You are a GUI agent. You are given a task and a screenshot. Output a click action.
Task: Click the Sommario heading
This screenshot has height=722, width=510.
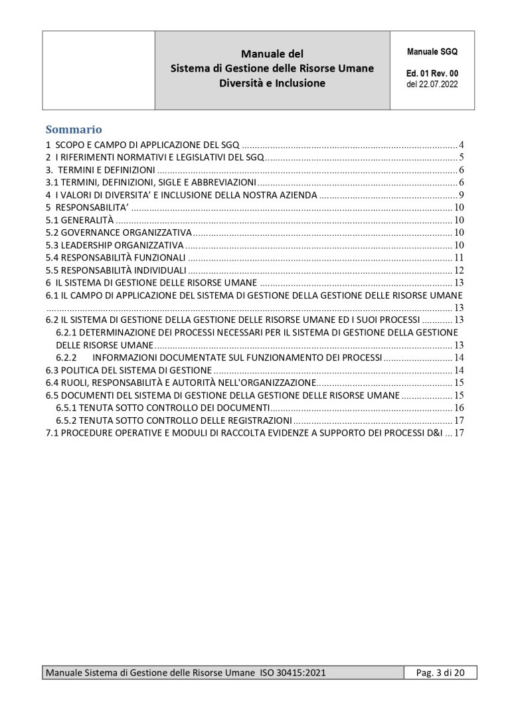[x=73, y=129]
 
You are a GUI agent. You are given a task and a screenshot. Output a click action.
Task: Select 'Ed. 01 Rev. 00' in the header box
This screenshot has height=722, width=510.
[x=432, y=74]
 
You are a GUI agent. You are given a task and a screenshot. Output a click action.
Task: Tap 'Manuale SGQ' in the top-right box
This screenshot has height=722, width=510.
[x=432, y=50]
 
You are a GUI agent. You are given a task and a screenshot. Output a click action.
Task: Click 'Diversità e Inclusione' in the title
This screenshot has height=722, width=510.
[x=272, y=84]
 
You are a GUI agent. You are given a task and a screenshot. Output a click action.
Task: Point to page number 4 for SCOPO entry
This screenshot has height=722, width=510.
[x=460, y=145]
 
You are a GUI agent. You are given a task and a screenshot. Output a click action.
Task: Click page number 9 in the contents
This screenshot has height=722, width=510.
[x=460, y=195]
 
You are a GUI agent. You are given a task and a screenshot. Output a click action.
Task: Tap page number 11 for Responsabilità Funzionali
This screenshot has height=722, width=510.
[x=458, y=258]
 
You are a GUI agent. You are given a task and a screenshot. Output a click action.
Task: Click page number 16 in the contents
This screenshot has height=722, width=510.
[x=458, y=407]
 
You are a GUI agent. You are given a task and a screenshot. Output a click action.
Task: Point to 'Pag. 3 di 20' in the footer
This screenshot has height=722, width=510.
[x=440, y=673]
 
